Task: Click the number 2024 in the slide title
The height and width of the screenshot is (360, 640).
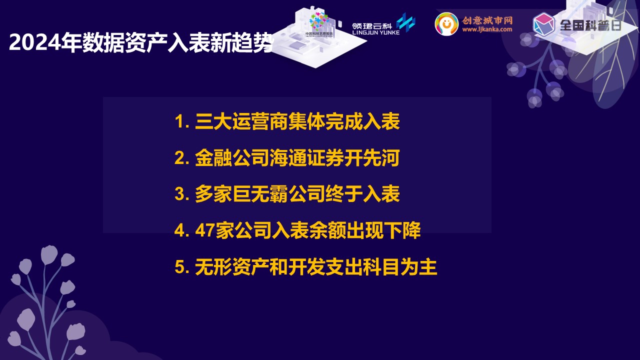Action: pyautogui.click(x=35, y=43)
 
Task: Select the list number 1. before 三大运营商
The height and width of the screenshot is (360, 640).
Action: pyautogui.click(x=182, y=121)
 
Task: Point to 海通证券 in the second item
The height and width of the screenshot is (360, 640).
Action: pyautogui.click(x=306, y=158)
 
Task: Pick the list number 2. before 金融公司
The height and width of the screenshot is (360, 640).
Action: pyautogui.click(x=182, y=158)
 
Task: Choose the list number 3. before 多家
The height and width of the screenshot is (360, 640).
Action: pyautogui.click(x=182, y=194)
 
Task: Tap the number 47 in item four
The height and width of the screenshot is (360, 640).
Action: pyautogui.click(x=204, y=230)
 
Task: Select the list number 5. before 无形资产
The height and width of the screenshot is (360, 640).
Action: pyautogui.click(x=182, y=267)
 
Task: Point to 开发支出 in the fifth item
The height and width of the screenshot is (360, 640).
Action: pyautogui.click(x=325, y=267)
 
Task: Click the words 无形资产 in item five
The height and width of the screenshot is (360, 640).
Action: pyautogui.click(x=232, y=267)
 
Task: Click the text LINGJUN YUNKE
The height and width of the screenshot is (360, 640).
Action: pyautogui.click(x=375, y=32)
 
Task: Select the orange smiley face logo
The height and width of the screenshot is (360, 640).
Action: pyautogui.click(x=446, y=23)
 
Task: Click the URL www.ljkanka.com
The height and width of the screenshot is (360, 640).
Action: pyautogui.click(x=487, y=29)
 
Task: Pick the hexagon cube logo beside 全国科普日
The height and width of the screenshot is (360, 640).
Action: pyautogui.click(x=544, y=24)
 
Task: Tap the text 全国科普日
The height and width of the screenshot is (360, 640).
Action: pyautogui.click(x=590, y=25)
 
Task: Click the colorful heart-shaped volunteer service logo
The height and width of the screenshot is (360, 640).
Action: pyautogui.click(x=319, y=21)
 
